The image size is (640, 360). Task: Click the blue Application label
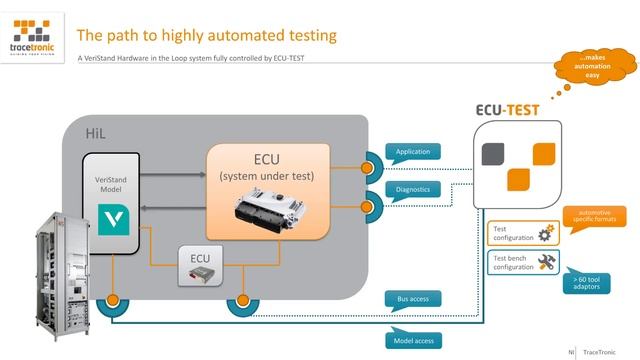click(412, 152)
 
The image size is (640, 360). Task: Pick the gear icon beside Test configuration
click(546, 234)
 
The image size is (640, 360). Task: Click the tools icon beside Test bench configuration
click(546, 263)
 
